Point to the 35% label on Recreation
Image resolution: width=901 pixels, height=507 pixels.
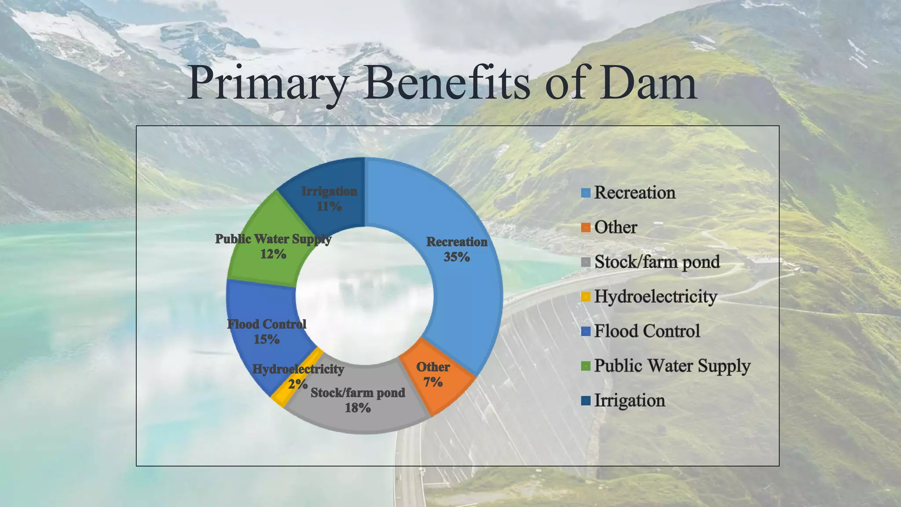[x=456, y=257]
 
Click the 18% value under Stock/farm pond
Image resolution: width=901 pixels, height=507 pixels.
[x=357, y=408]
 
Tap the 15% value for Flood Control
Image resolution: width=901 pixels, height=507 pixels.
[x=266, y=339]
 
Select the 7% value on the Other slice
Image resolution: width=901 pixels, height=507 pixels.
[x=432, y=382]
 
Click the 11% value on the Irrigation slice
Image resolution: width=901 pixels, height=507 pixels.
[x=329, y=206]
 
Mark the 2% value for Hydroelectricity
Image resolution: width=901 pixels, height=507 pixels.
[x=297, y=384]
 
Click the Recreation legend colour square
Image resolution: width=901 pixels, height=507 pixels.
[x=586, y=193]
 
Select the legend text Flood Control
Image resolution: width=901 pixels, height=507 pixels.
[x=647, y=331]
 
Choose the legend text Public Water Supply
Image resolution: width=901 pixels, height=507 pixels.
[x=672, y=366]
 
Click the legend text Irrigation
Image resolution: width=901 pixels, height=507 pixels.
[x=630, y=401]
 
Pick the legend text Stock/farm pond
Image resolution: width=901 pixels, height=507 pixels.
[x=657, y=262]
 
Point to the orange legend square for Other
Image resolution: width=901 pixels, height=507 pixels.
[x=586, y=228]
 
